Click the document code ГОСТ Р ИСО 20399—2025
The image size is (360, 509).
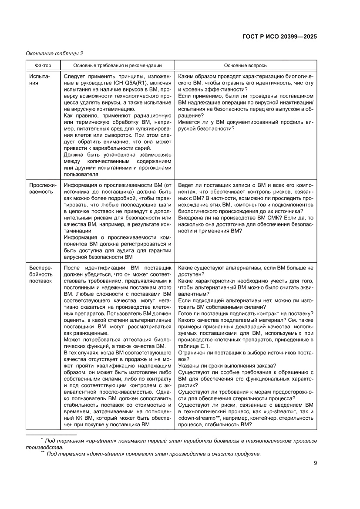coord(279,37)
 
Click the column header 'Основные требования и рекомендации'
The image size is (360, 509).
coord(117,65)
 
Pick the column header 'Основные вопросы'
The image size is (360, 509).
coord(246,65)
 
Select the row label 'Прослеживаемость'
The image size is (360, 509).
coord(41,188)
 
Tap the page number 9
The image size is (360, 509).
coord(315,463)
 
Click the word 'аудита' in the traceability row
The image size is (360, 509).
coord(131,250)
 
